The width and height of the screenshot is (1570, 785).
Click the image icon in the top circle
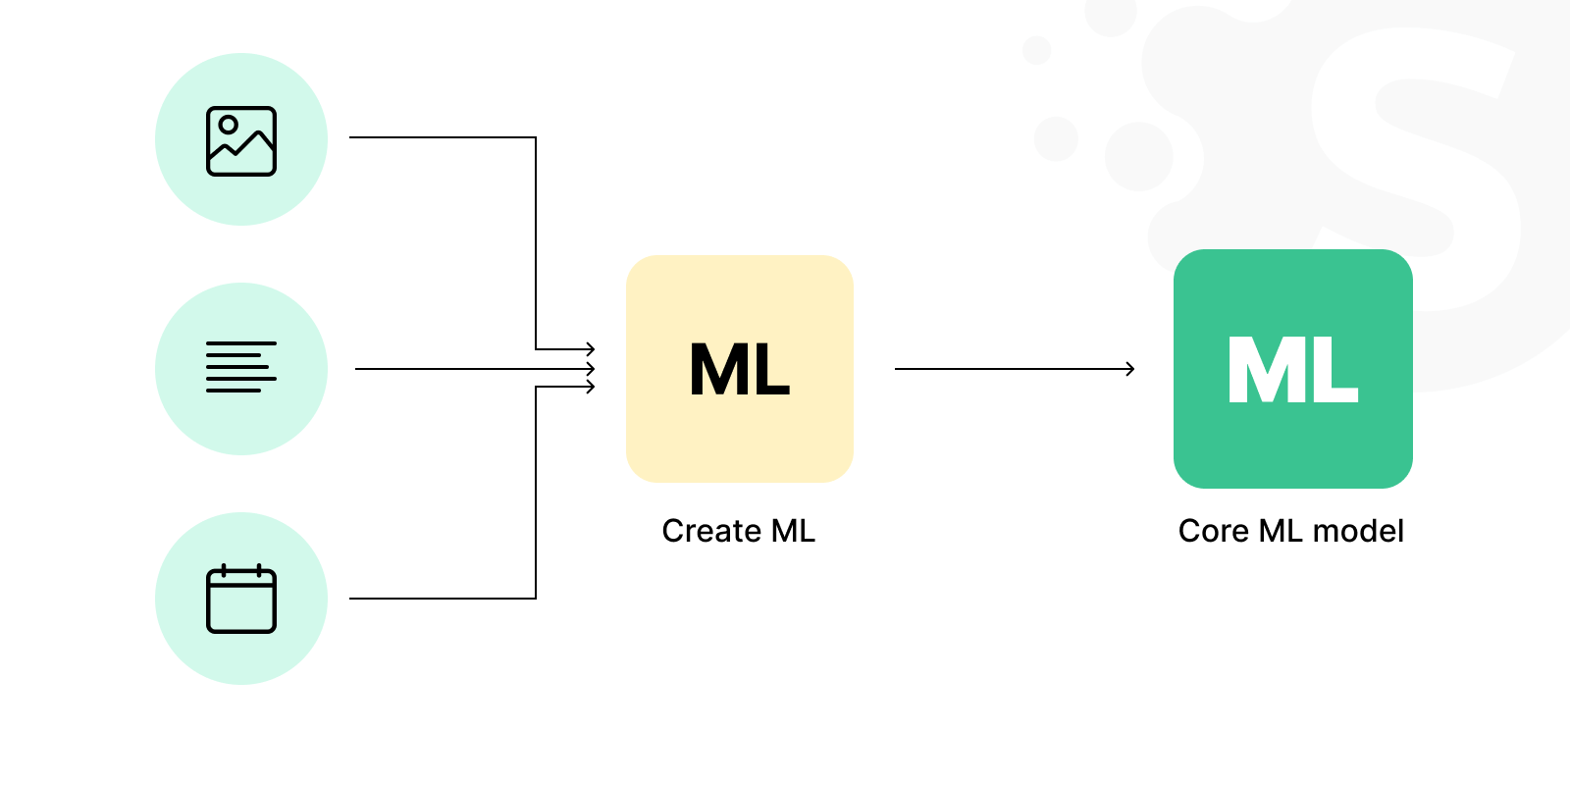241,141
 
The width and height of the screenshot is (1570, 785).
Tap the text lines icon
241,367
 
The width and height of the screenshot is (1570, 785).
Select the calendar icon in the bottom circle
241,599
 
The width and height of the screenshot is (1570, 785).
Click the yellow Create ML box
740,369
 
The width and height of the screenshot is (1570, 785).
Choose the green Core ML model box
1293,369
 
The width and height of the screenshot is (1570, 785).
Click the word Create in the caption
711,531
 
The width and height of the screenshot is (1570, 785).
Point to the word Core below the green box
1214,531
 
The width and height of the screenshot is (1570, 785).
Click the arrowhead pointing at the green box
1129,369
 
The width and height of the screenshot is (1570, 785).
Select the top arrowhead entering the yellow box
591,348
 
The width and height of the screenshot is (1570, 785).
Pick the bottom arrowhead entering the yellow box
591,387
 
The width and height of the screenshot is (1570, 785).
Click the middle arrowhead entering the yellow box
591,369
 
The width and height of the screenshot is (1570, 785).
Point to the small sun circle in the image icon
228,126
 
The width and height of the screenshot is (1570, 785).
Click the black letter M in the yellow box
717,369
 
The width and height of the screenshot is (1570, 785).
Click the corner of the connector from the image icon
536,137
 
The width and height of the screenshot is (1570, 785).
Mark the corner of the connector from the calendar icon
536,598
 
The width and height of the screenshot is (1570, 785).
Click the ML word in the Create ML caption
793,531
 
